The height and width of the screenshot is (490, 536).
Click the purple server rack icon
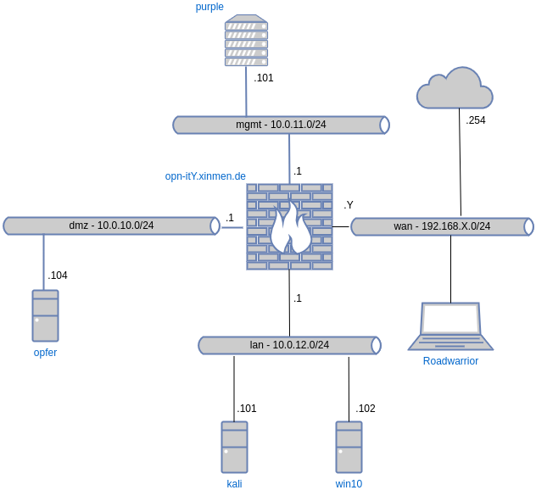point(246,40)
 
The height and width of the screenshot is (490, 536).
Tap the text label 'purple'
point(209,7)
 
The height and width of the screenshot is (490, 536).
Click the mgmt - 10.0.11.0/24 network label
point(281,125)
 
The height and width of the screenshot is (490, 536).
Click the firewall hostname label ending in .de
point(205,176)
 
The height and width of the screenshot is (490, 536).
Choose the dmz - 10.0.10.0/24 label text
point(111,226)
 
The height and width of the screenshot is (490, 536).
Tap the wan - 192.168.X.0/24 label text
point(442,226)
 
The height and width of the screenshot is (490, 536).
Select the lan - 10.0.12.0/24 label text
point(289,345)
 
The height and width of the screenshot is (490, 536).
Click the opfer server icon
point(45,315)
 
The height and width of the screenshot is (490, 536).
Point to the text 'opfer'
point(45,352)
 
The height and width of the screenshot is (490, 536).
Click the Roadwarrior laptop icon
point(450,326)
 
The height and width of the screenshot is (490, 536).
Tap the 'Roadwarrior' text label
point(450,360)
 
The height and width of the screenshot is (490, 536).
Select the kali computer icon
point(234,447)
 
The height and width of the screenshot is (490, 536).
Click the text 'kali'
point(234,483)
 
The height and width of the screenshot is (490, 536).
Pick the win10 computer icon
point(349,447)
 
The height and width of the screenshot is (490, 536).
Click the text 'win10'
point(349,483)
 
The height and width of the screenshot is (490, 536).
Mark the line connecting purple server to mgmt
point(246,92)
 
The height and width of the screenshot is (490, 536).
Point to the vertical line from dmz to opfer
point(43,262)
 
